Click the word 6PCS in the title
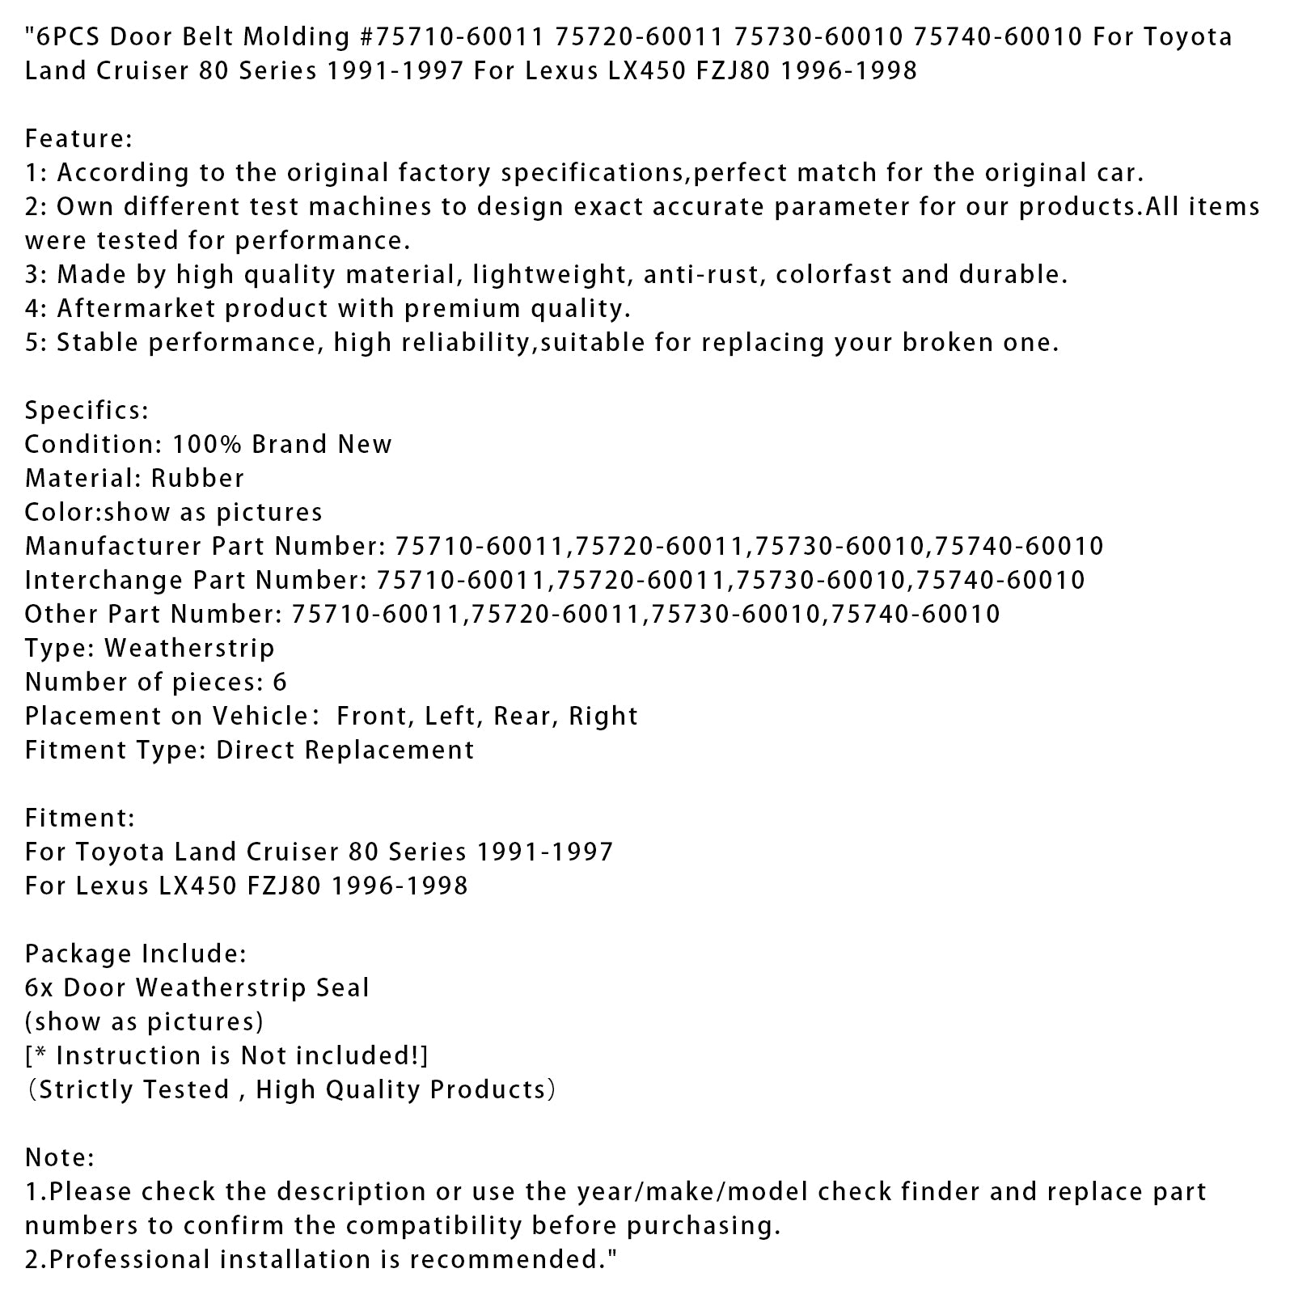[x=66, y=37]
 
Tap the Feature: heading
[x=78, y=139]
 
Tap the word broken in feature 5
[x=945, y=343]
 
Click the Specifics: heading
[x=87, y=411]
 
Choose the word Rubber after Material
[x=197, y=479]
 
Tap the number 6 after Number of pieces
[x=280, y=683]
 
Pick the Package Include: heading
[x=135, y=954]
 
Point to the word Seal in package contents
[x=343, y=988]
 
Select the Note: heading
[x=60, y=1158]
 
